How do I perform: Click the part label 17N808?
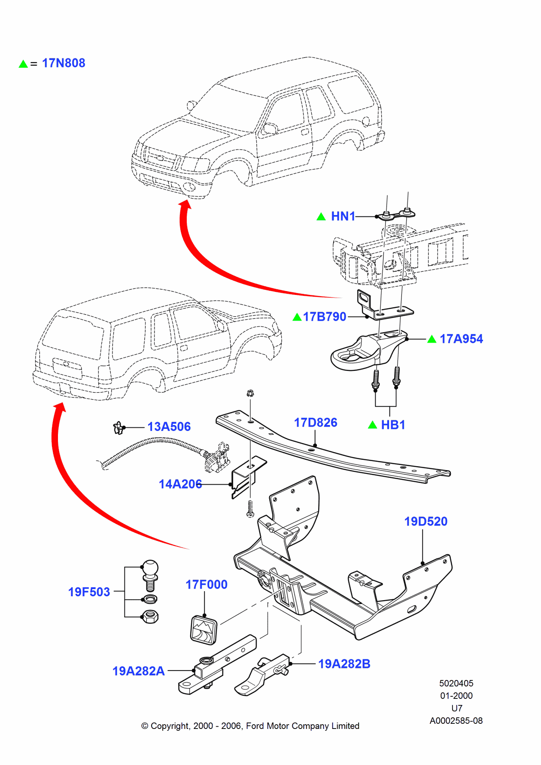[64, 63]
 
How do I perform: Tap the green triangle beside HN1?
[321, 217]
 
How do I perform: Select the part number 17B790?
[324, 317]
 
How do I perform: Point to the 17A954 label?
[461, 339]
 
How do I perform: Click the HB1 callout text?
[393, 425]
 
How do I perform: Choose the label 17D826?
[316, 423]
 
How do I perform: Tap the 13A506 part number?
[169, 427]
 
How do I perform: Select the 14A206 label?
[180, 484]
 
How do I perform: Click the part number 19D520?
[426, 522]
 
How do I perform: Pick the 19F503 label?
[89, 592]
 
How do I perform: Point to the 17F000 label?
[207, 585]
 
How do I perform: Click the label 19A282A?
[139, 671]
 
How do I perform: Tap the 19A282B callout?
[344, 664]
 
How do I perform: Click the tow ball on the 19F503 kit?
[150, 568]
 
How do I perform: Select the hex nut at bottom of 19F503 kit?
[150, 617]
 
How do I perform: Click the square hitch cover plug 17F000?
[204, 630]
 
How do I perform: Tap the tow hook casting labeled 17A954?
[365, 352]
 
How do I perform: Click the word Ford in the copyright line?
[255, 726]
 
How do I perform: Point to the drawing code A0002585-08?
[456, 721]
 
